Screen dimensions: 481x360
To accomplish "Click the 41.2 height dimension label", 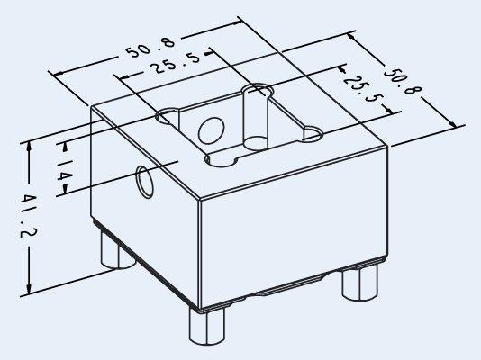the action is (28, 216).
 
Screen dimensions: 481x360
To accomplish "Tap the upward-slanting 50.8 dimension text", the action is (151, 48).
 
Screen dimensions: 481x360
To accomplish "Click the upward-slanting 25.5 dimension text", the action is (177, 63).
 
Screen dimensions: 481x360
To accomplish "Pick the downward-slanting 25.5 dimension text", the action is (363, 88).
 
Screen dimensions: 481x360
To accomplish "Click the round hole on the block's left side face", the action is (145, 182).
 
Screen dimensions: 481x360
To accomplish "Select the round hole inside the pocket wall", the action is (211, 130).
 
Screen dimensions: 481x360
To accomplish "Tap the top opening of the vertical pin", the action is (258, 91).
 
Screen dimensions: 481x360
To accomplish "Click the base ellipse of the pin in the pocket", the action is (256, 143).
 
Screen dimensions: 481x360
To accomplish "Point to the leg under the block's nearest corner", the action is (207, 326).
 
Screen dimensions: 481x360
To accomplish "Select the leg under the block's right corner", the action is (359, 283).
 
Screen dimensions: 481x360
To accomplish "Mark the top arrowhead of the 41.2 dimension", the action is (29, 148).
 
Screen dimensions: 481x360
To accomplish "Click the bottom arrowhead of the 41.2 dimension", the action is (29, 289).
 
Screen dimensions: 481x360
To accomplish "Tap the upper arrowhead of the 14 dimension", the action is (65, 148).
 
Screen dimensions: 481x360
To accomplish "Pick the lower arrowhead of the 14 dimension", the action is (65, 190).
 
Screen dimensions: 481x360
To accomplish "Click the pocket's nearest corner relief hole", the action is (221, 160).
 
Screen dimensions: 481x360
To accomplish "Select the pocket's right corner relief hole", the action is (313, 135).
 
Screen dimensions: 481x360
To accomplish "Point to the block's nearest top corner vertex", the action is (200, 201).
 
